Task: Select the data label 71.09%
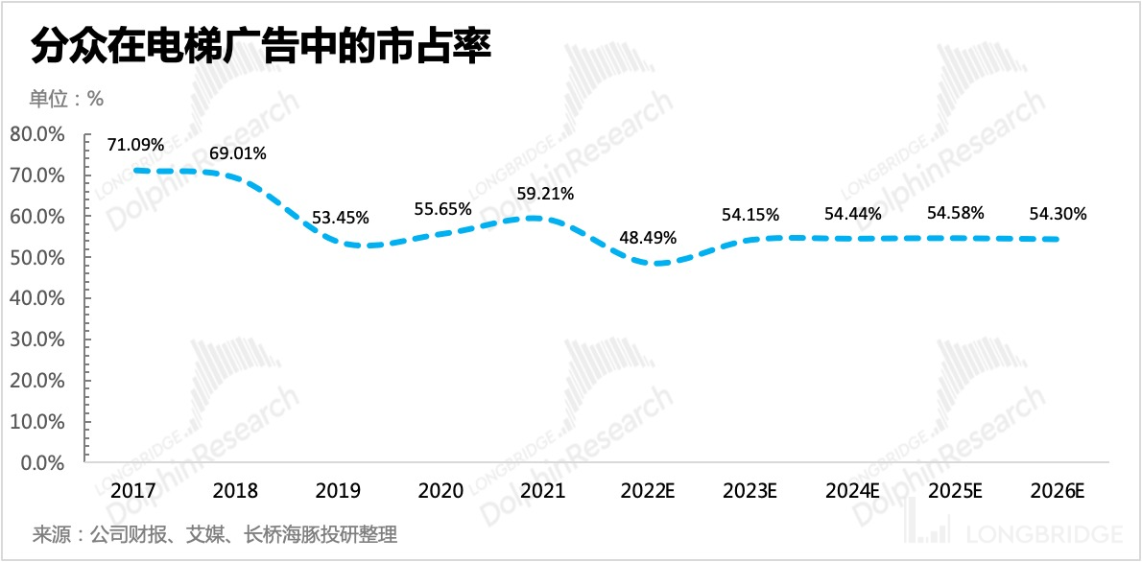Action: tap(135, 145)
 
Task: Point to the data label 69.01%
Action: tap(237, 152)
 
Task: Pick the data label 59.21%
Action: tap(544, 194)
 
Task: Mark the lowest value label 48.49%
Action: tap(647, 237)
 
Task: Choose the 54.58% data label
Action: tap(955, 213)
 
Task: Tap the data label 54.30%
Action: tap(1058, 215)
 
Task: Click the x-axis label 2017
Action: tap(133, 491)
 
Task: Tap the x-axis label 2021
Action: tap(542, 491)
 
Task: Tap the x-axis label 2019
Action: tap(338, 491)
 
